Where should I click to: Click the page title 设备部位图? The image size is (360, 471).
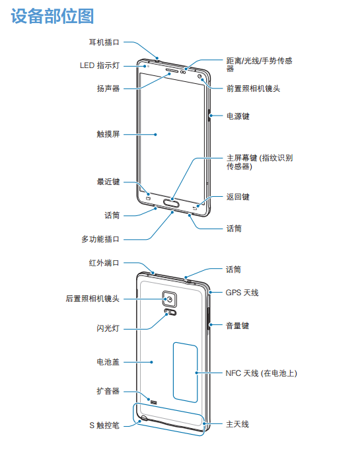click(53, 16)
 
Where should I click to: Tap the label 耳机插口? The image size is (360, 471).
click(104, 42)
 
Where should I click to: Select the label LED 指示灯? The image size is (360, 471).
click(100, 65)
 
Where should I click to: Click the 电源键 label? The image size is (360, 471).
click(238, 116)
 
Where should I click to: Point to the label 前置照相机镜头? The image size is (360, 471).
click(253, 89)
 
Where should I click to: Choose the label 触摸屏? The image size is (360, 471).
click(108, 134)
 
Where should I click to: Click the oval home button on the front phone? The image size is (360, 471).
click(171, 204)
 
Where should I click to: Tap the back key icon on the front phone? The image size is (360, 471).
click(196, 207)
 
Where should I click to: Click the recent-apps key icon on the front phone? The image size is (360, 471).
click(148, 198)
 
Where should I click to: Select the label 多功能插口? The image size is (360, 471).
click(100, 239)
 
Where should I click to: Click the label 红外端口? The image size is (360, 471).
click(104, 263)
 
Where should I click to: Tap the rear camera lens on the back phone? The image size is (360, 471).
click(170, 299)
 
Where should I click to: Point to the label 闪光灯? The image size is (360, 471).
click(108, 328)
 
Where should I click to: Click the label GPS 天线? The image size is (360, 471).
click(242, 293)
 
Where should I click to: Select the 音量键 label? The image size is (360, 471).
click(237, 326)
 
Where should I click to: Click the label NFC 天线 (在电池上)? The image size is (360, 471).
click(261, 373)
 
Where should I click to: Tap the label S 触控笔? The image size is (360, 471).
click(104, 425)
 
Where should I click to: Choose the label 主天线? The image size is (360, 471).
click(237, 424)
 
